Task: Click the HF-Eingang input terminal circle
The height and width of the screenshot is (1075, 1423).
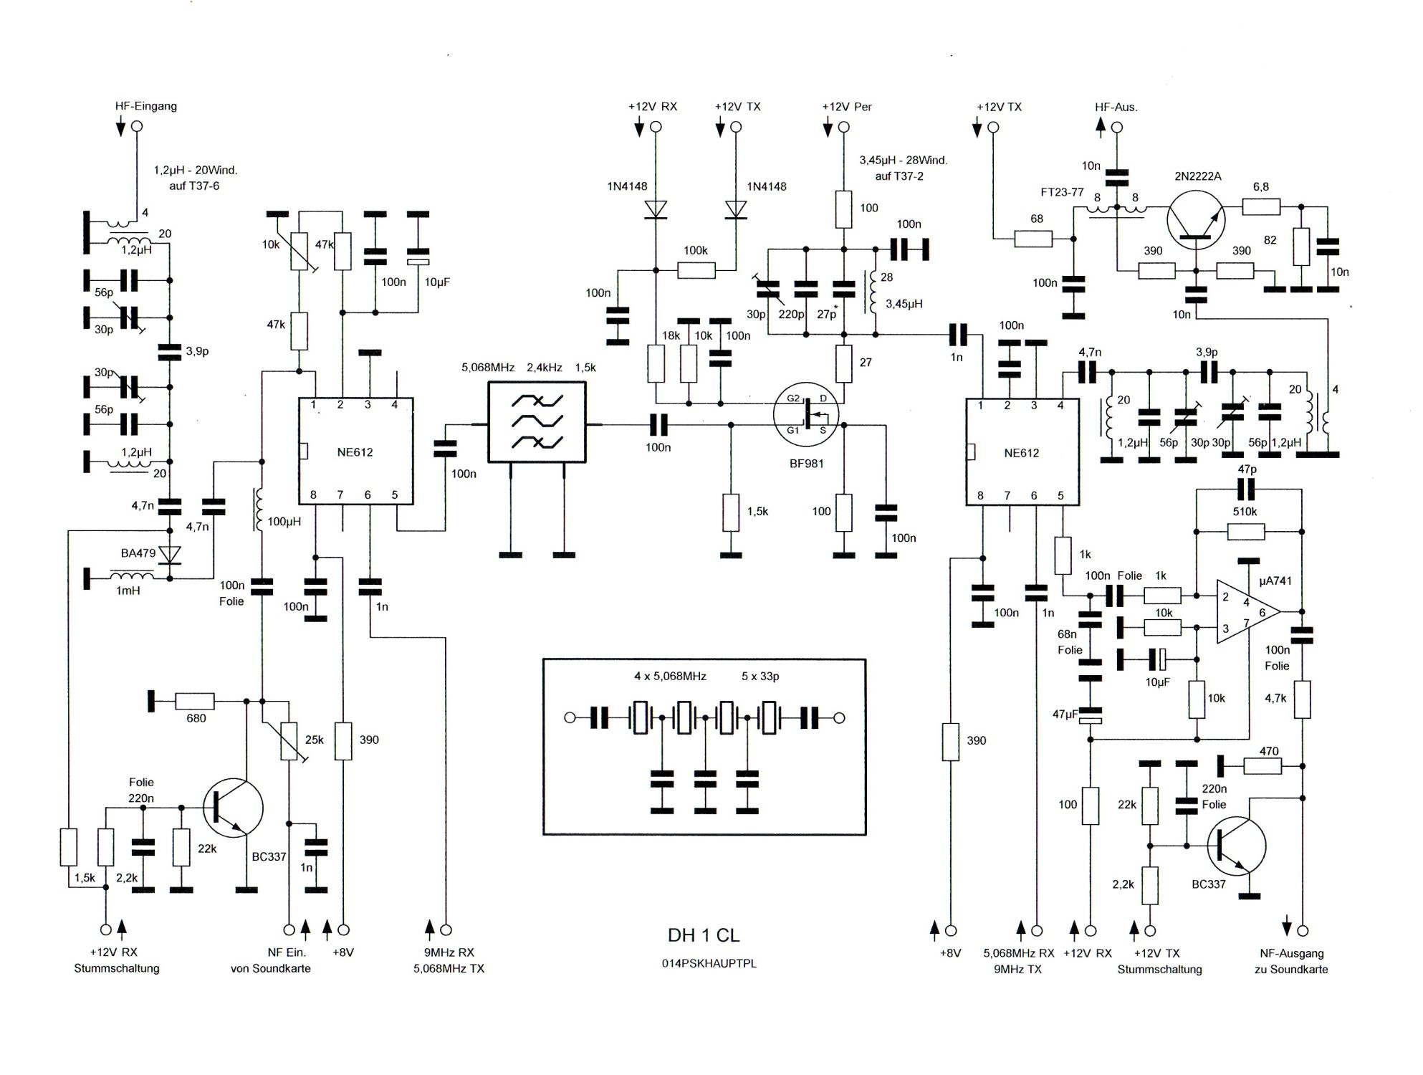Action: [x=137, y=127]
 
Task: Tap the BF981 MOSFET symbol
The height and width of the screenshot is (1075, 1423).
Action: [x=807, y=415]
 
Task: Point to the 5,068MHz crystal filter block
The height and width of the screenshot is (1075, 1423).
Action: [x=537, y=421]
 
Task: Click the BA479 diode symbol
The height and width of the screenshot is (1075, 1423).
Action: [x=170, y=555]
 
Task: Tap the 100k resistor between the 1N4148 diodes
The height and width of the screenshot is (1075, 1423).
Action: [x=696, y=270]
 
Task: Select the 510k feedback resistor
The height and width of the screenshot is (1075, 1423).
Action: [x=1245, y=531]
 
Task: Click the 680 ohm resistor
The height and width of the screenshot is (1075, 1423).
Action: [x=195, y=701]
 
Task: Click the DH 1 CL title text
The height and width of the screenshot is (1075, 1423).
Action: [x=704, y=935]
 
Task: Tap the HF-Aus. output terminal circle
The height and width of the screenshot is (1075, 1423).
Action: [x=1116, y=128]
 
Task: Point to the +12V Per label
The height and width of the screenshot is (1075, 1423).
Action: [x=847, y=107]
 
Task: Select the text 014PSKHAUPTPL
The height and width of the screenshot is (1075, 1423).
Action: [x=709, y=964]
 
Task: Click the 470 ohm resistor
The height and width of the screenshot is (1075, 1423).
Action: [x=1262, y=766]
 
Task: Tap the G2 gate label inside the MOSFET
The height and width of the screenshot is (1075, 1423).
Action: [x=793, y=398]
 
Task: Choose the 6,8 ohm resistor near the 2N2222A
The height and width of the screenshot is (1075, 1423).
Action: [x=1261, y=207]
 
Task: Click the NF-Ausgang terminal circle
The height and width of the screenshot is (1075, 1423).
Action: [x=1303, y=930]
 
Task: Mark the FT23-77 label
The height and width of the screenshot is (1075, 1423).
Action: [x=1062, y=192]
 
